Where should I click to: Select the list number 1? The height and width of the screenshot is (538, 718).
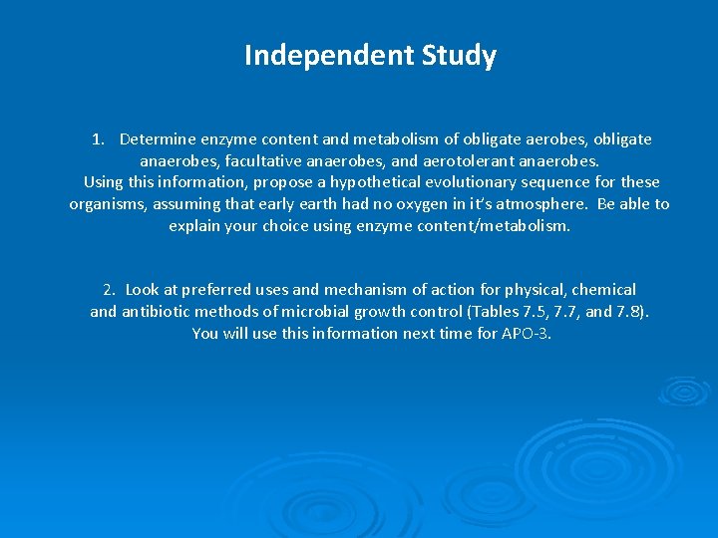(x=98, y=139)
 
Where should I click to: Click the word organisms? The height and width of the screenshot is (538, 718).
(x=108, y=204)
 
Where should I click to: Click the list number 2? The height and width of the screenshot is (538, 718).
(x=109, y=290)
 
